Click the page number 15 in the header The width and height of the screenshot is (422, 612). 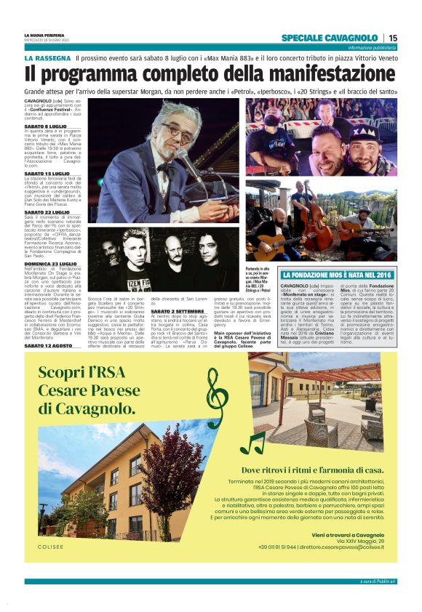coord(393,38)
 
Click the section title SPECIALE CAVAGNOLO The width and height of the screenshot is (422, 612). coord(330,38)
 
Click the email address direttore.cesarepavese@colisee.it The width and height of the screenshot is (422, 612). coord(344,547)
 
